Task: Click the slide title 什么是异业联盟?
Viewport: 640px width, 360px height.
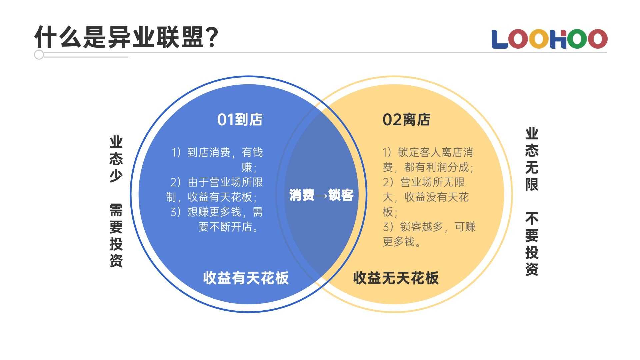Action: [127, 37]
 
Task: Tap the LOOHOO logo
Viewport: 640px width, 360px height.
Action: [549, 39]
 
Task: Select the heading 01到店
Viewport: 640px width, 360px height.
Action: [240, 120]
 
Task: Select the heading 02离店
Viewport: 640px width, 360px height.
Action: [406, 120]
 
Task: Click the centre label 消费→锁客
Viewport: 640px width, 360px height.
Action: [321, 195]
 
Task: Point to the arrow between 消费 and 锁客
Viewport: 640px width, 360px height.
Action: [321, 196]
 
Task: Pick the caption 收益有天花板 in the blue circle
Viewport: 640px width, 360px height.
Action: [246, 278]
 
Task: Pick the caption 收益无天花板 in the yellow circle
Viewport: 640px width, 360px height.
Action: [396, 278]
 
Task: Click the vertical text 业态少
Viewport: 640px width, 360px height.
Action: [116, 159]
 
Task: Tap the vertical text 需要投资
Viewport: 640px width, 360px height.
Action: [116, 235]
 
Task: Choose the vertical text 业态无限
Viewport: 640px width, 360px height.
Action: [532, 159]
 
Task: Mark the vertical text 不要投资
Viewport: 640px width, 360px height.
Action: [532, 244]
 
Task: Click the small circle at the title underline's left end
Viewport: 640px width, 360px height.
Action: [39, 55]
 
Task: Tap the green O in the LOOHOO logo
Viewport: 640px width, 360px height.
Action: [577, 39]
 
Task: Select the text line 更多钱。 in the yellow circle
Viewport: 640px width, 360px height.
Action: [402, 242]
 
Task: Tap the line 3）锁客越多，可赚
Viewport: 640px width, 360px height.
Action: [429, 227]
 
